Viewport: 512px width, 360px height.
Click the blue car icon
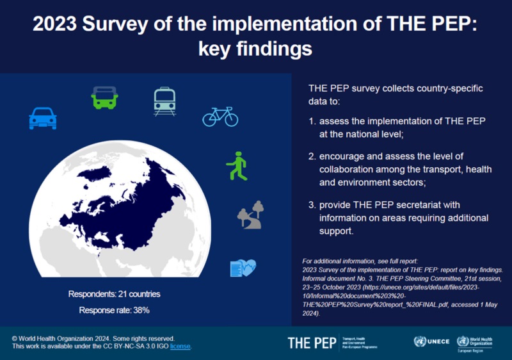pos(43,118)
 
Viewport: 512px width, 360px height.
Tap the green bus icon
pos(104,97)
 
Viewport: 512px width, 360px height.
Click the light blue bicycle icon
pos(220,117)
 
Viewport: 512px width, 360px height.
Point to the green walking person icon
pos(237,166)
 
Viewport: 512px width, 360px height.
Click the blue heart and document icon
pos(243,268)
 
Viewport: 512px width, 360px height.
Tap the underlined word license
pos(180,347)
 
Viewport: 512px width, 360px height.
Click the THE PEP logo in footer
pos(312,343)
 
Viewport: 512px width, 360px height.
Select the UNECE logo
pos(432,342)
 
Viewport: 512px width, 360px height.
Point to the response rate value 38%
pos(141,311)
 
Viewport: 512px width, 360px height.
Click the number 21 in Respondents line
pos(123,294)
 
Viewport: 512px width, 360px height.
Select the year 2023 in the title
pos(55,24)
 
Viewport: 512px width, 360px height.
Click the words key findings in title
pos(256,49)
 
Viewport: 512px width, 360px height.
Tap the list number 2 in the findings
pos(312,156)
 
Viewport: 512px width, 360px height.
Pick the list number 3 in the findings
pos(312,204)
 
